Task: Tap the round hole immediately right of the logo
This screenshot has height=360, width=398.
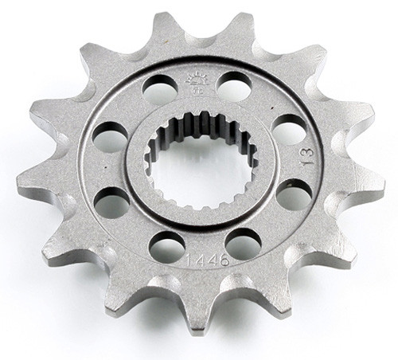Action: point(232,82)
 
